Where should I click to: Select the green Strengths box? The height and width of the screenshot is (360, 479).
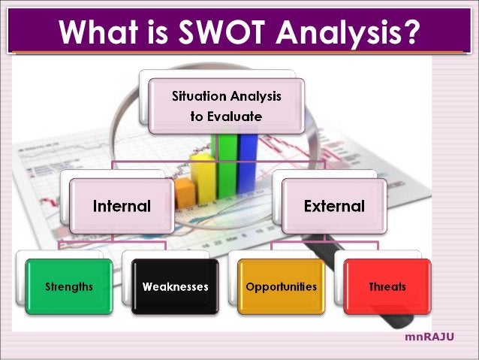coord(68,286)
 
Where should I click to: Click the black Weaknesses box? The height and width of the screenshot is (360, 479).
coord(175,286)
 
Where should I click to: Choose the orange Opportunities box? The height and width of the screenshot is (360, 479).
coord(282,286)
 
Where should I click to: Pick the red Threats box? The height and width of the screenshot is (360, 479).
coord(387,286)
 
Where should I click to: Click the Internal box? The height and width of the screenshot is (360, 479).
coord(122,205)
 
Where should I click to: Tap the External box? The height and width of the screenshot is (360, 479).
coord(334,205)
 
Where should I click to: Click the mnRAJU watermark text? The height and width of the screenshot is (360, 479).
coord(429,337)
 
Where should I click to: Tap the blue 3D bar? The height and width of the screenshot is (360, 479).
coord(247,162)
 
